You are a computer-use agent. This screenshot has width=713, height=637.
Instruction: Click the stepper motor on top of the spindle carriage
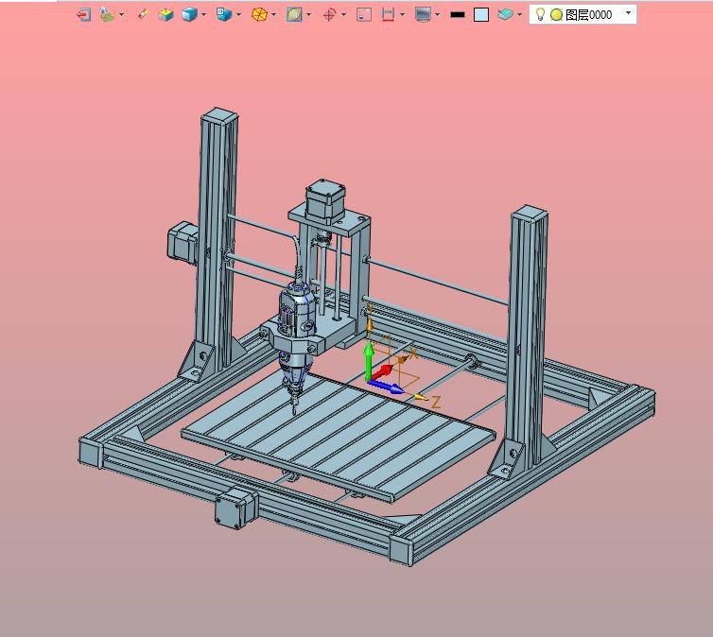(x=324, y=201)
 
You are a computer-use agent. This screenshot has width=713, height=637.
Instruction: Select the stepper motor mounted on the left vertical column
(x=183, y=242)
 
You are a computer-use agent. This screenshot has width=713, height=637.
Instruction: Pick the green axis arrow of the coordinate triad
(x=369, y=361)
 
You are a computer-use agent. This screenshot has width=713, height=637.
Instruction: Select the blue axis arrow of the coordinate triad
(x=386, y=387)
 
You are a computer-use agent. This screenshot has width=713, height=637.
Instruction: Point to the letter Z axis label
(x=436, y=402)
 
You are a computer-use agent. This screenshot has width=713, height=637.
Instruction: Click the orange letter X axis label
(x=413, y=353)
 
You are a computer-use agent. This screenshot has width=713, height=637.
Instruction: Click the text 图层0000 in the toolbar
(x=588, y=15)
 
